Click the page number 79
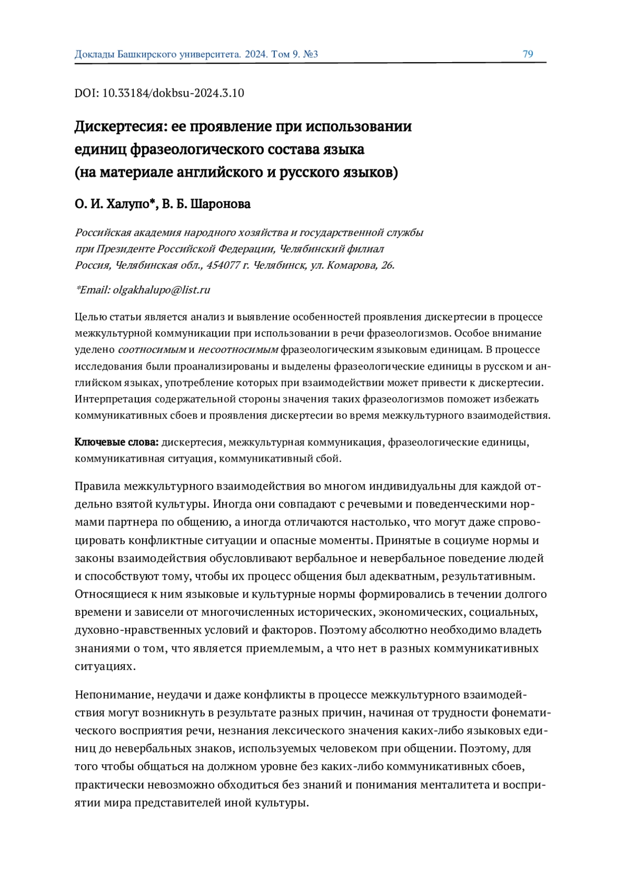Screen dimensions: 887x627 tap(527, 54)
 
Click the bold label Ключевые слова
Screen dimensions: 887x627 tap(117, 442)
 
